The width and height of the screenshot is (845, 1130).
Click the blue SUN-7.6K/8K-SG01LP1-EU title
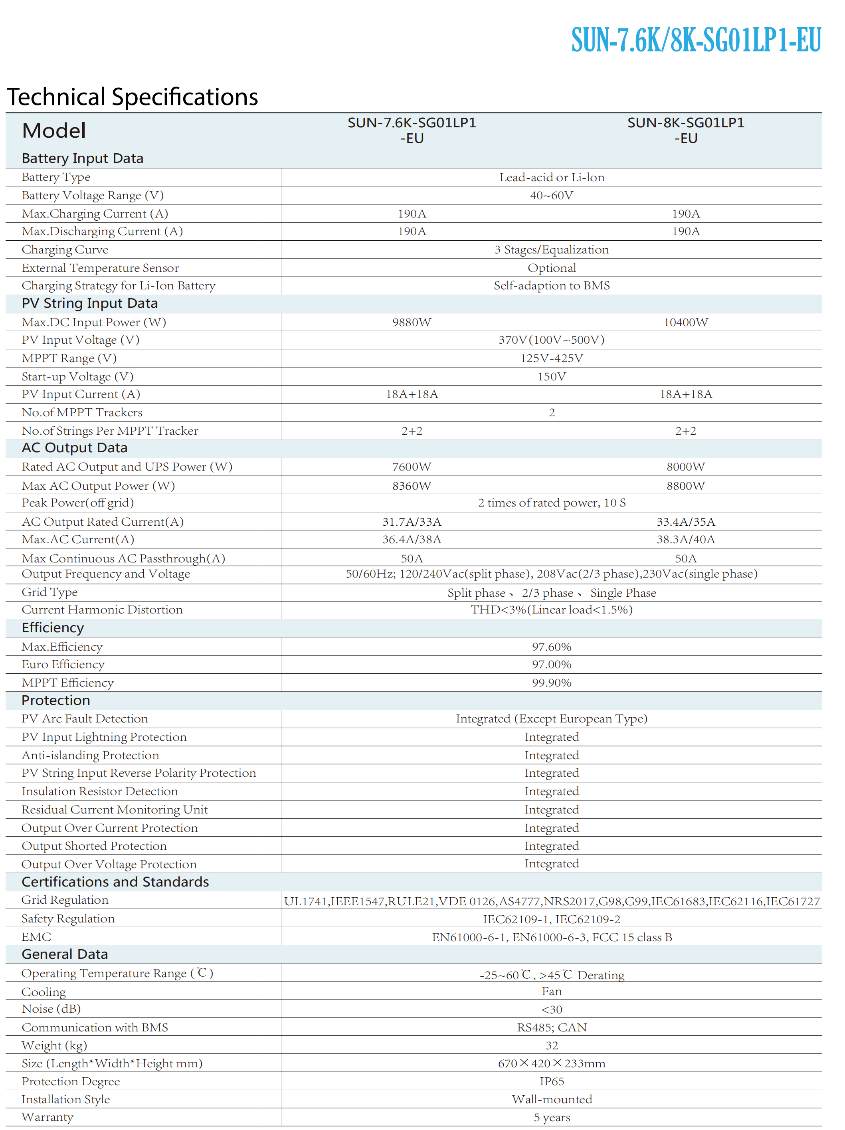695,40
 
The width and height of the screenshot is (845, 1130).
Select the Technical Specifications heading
133,97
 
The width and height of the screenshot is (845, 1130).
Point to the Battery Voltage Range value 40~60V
551,196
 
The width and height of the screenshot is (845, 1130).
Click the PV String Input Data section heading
89,303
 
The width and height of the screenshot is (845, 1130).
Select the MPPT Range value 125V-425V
551,358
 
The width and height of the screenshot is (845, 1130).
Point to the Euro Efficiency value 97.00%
551,665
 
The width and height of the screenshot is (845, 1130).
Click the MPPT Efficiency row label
67,683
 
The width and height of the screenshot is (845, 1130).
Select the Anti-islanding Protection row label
90,755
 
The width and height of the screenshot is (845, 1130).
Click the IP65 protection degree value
551,1081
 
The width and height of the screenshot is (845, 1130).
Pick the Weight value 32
551,1046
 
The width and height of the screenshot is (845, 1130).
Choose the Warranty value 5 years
551,1118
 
